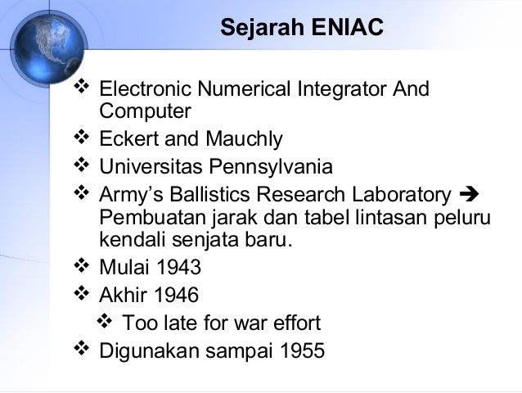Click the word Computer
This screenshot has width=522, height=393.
[144, 110]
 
